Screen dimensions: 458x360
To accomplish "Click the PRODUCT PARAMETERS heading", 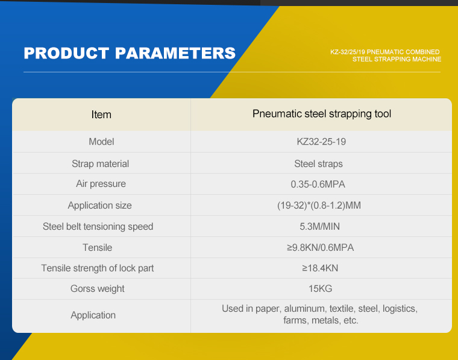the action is click(130, 53).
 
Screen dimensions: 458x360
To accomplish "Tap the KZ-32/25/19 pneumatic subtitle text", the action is click(386, 55).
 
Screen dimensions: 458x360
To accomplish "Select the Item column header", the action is click(101, 115).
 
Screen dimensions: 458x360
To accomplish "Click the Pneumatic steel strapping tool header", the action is click(322, 114).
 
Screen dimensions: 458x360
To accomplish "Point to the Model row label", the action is click(101, 142).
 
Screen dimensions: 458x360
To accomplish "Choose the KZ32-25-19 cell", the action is click(321, 142).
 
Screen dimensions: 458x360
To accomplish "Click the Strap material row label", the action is click(100, 163).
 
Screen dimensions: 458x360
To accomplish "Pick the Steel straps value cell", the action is click(318, 163).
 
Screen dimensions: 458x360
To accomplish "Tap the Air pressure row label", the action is click(101, 184).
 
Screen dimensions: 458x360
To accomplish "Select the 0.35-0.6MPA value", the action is click(318, 184).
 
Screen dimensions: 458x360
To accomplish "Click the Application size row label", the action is click(99, 206).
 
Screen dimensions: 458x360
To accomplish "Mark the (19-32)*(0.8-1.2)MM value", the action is click(319, 206).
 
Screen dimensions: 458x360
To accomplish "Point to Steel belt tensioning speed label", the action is click(98, 227).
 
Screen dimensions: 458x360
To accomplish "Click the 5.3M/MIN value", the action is click(319, 227).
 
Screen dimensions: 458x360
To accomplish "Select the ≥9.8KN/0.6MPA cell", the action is click(320, 247).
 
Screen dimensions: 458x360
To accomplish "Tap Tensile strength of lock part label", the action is click(97, 268).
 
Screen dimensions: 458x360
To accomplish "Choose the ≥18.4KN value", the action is click(320, 268).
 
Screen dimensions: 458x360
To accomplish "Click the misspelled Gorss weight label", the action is click(97, 289).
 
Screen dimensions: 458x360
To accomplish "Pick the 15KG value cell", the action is click(320, 289).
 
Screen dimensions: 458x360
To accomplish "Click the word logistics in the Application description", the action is click(400, 309).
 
